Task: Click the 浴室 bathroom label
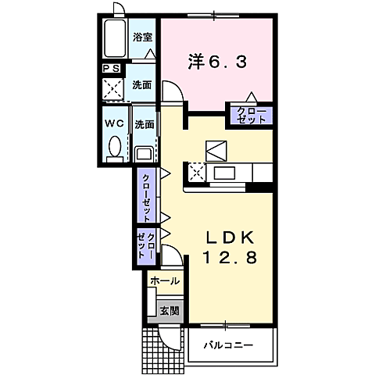141,36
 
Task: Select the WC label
113,123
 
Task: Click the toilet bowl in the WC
114,147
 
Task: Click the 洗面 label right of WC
143,123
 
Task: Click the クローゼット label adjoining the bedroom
250,116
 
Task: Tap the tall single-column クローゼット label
146,195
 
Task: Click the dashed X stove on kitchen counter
195,172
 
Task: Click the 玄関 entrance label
169,310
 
